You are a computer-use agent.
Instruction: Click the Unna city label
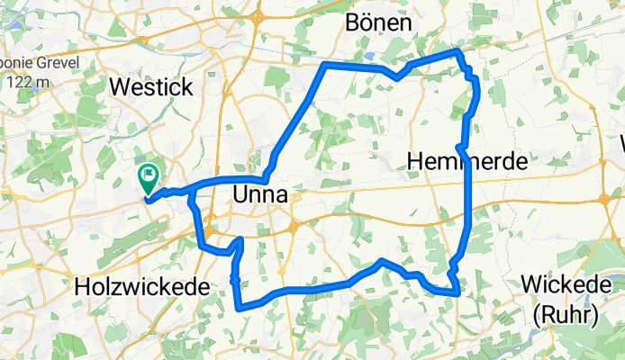[x=260, y=194]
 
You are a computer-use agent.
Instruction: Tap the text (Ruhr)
[x=572, y=314]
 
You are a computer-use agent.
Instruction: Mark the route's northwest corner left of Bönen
[x=324, y=65]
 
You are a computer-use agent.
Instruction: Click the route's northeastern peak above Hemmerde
[x=458, y=51]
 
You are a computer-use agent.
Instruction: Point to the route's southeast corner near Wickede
[x=458, y=292]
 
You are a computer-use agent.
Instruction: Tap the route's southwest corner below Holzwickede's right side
[x=239, y=309]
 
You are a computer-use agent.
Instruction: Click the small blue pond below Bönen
[x=370, y=56]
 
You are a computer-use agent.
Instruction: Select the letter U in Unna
[x=240, y=194]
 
